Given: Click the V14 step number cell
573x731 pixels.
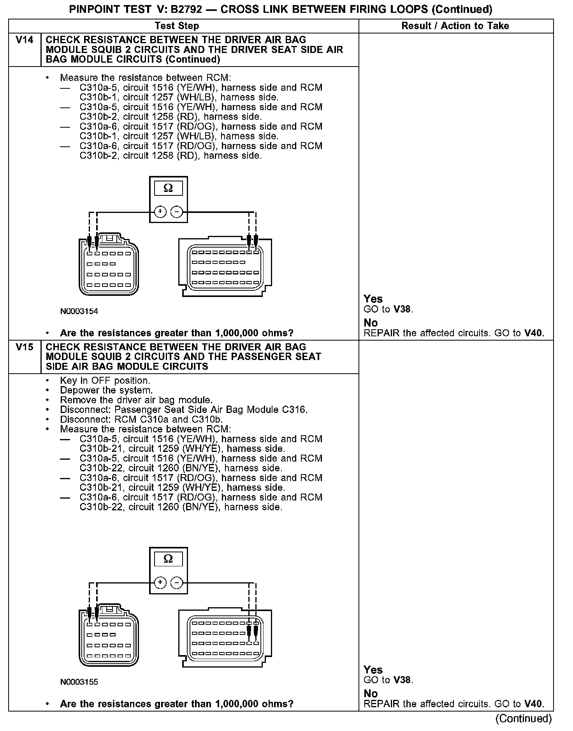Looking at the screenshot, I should pyautogui.click(x=24, y=40).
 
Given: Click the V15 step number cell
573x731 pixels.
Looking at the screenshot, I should pyautogui.click(x=24, y=347).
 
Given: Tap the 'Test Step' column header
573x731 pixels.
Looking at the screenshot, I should pyautogui.click(x=177, y=26).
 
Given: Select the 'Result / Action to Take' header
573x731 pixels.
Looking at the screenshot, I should pyautogui.click(x=455, y=26).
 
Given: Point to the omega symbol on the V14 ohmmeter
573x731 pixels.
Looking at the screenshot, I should pyautogui.click(x=168, y=188).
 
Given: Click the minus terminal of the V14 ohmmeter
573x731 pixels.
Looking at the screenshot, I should pyautogui.click(x=177, y=212).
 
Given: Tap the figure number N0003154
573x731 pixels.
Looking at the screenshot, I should pyautogui.click(x=79, y=311).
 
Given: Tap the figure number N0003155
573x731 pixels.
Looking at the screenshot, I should pyautogui.click(x=79, y=682).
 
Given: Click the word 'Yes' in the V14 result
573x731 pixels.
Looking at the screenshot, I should pyautogui.click(x=373, y=299).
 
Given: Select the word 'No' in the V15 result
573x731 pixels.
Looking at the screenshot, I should pyautogui.click(x=371, y=694).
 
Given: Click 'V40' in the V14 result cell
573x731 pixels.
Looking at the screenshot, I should pyautogui.click(x=533, y=333).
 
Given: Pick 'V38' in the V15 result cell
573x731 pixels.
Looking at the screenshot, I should pyautogui.click(x=402, y=680).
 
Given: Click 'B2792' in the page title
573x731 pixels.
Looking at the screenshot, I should pyautogui.click(x=186, y=9).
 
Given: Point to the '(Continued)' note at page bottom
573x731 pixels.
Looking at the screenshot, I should pyautogui.click(x=523, y=719).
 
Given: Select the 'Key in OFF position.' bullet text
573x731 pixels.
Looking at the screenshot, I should pyautogui.click(x=105, y=381).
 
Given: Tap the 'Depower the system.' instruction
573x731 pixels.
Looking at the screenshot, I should pyautogui.click(x=106, y=390).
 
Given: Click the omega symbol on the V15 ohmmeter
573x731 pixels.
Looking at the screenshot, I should pyautogui.click(x=168, y=559).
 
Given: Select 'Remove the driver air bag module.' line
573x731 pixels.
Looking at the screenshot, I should pyautogui.click(x=136, y=400).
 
